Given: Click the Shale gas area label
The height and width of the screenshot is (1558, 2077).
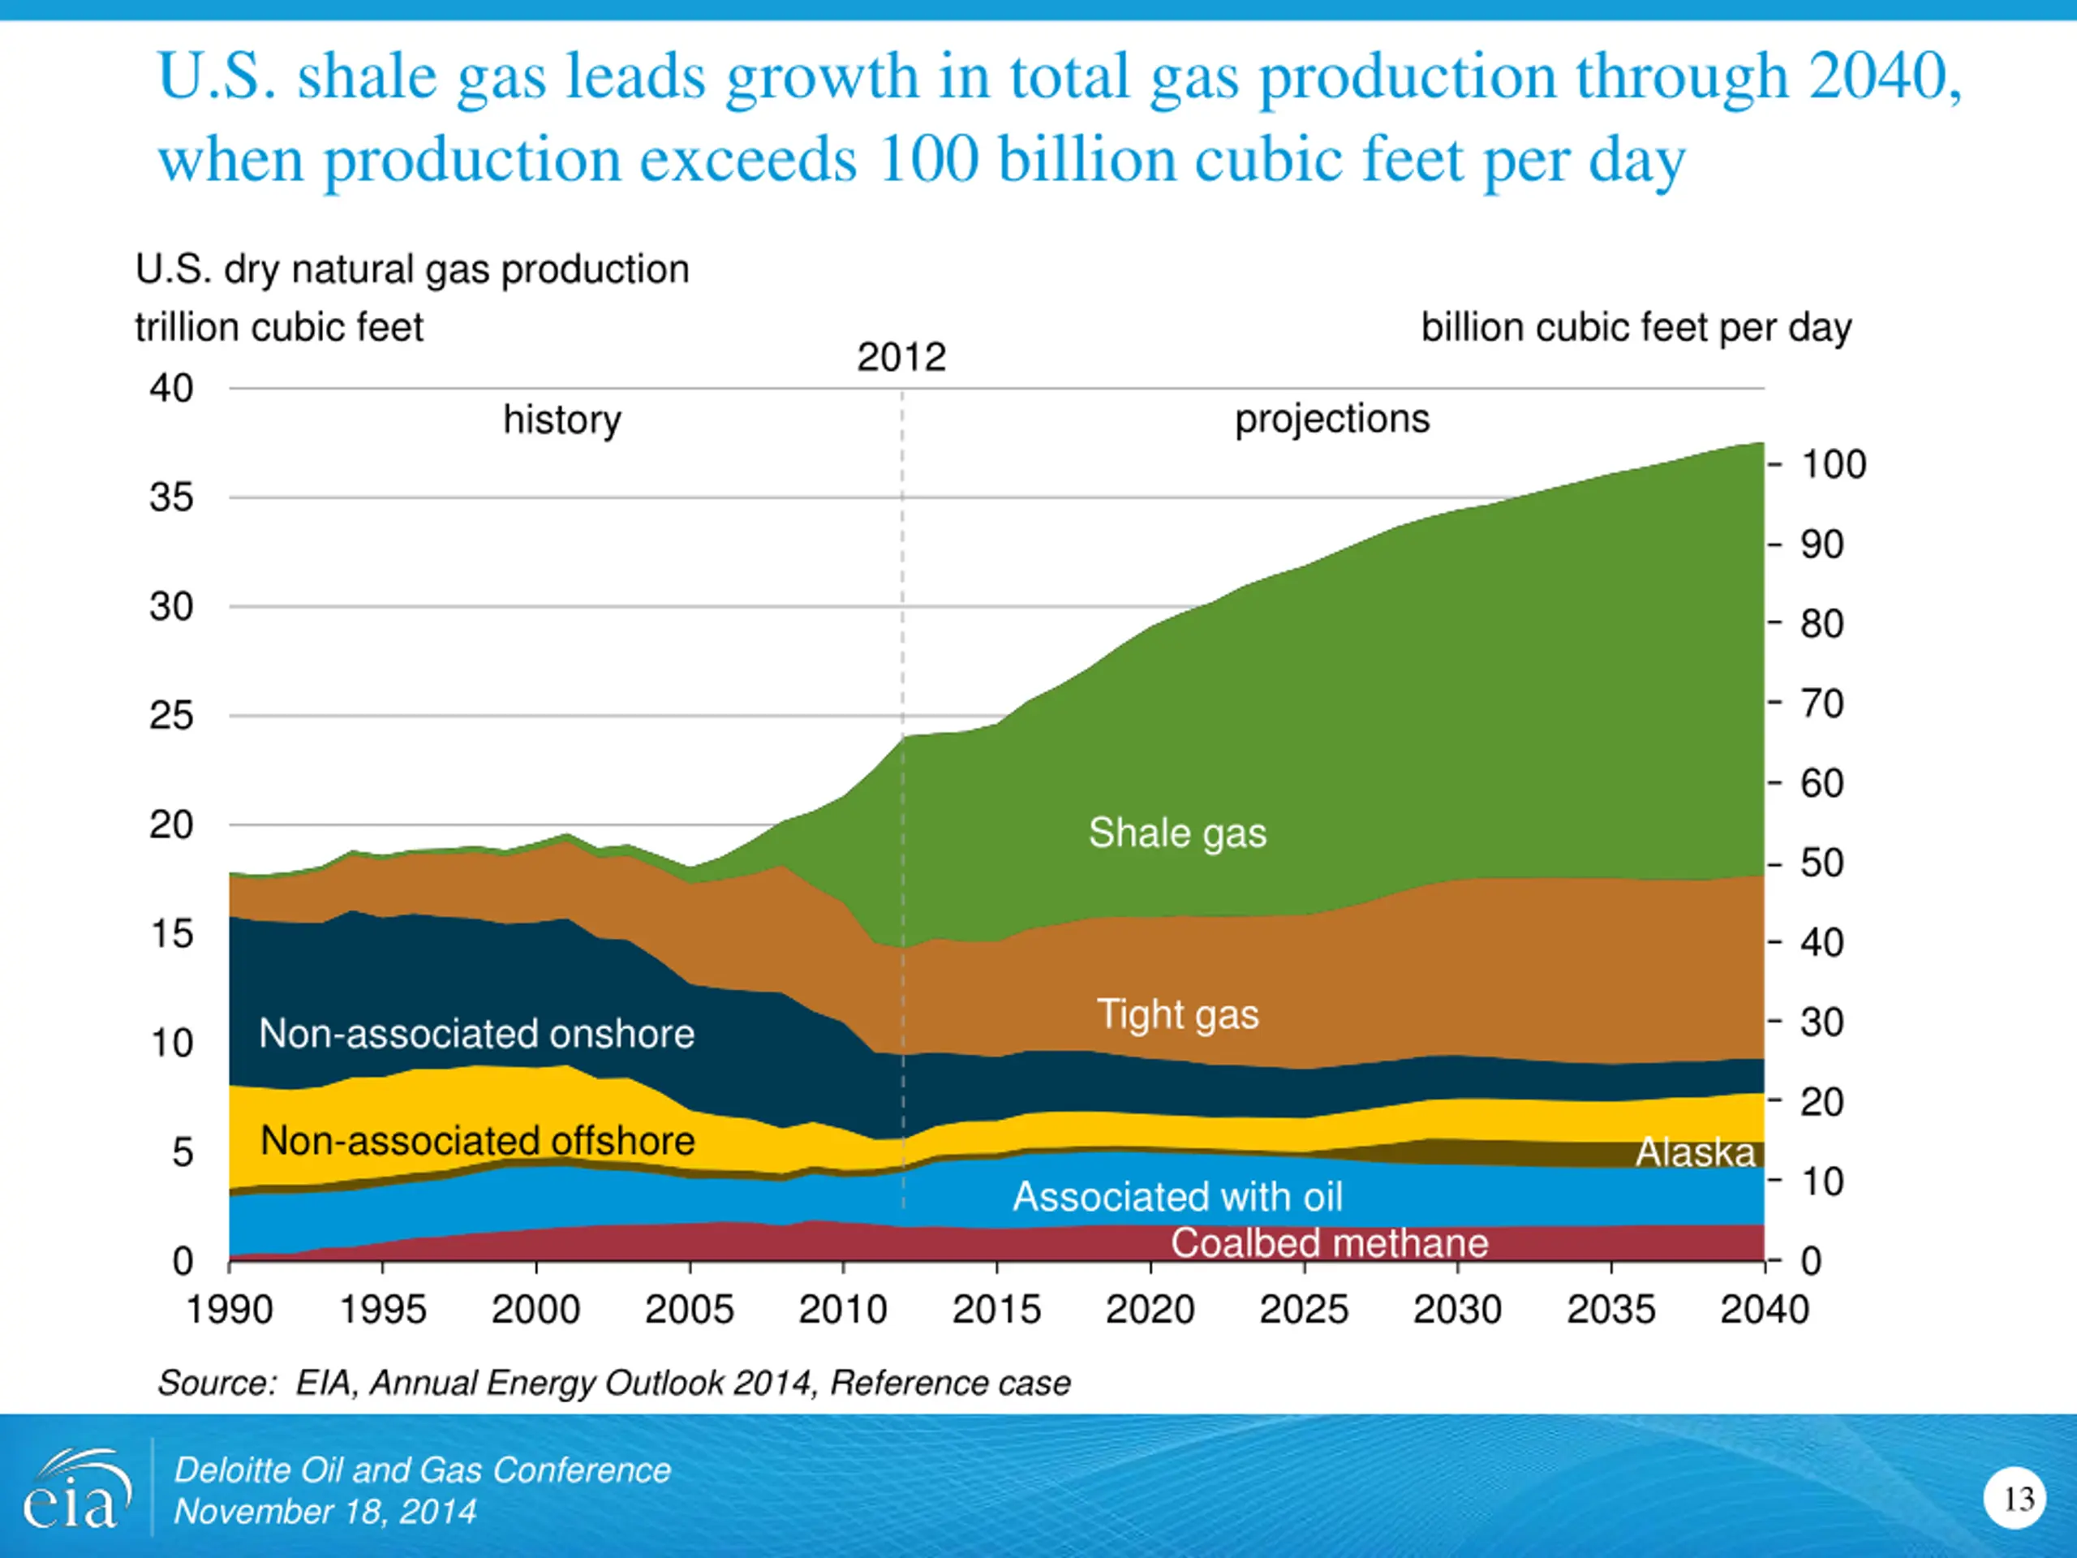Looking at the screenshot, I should tap(1176, 833).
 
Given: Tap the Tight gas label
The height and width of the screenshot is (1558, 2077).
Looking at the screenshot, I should tap(1177, 1015).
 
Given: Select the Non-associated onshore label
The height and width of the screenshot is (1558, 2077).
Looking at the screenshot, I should tap(476, 1034).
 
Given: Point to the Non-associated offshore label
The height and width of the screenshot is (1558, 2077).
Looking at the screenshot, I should tap(477, 1141).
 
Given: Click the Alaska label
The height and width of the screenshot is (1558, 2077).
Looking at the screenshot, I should tap(1695, 1152).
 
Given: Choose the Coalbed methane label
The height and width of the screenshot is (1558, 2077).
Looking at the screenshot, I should tap(1329, 1243).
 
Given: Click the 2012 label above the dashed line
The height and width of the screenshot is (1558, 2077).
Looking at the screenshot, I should tap(901, 358).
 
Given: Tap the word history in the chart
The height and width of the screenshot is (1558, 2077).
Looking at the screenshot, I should tap(561, 420).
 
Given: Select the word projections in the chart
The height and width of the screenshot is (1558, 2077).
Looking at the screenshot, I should tap(1331, 419).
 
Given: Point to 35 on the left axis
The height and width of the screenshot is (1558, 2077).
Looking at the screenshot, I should tap(171, 497).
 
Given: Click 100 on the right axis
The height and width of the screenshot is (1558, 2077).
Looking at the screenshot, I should tap(1832, 465).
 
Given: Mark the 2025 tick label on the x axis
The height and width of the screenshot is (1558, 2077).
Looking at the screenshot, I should tap(1303, 1310).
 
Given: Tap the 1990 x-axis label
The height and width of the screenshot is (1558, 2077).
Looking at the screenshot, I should tap(229, 1310).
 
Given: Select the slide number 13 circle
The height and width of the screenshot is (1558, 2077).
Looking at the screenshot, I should tap(2014, 1499).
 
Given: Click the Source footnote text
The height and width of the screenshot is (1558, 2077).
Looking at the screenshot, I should tap(613, 1384).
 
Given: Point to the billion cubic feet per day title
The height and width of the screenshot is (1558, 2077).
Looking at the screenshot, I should tap(1636, 328).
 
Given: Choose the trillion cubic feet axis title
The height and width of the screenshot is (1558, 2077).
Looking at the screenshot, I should tap(279, 328).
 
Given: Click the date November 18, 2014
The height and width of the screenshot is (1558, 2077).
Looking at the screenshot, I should tap(325, 1512).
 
